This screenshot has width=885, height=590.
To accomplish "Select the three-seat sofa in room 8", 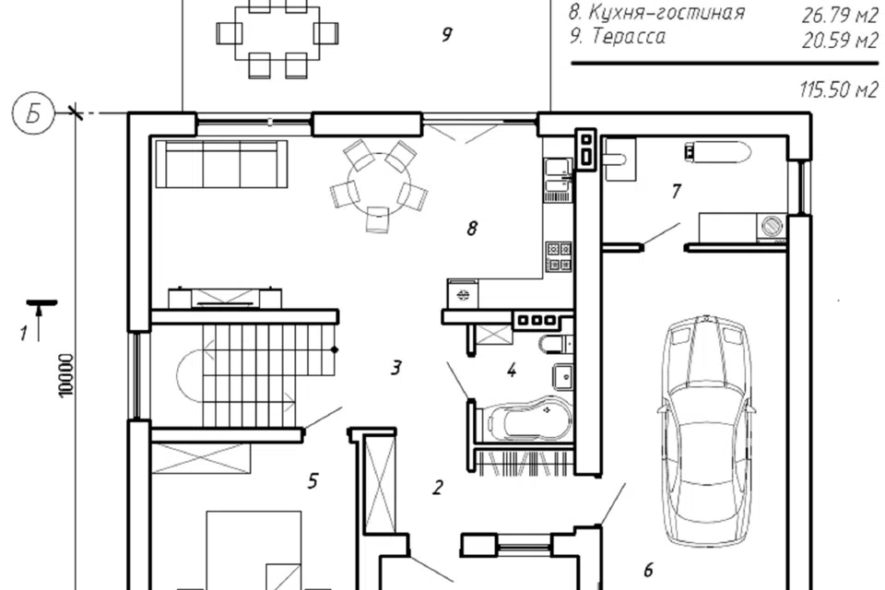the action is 221,164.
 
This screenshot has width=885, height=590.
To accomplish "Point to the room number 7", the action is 676,192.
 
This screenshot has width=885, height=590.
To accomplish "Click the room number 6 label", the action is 648,571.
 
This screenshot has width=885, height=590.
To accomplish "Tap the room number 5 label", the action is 313,481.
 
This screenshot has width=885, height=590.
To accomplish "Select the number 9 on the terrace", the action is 446,35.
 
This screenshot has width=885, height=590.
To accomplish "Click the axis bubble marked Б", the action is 33,114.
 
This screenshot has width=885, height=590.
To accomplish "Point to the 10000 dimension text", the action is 66,375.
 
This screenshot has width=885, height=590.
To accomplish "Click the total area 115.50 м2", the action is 839,89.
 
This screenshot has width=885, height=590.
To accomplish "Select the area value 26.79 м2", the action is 839,16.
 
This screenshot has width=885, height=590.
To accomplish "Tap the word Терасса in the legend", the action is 628,36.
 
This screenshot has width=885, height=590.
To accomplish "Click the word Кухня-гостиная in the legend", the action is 667,12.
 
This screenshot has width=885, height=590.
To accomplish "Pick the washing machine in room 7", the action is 773,227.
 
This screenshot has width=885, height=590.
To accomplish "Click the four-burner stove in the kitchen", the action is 559,256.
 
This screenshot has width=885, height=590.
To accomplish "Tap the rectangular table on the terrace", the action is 277,33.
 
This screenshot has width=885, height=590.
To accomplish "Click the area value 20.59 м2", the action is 839,41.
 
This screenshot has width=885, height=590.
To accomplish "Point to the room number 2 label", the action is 437,488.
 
